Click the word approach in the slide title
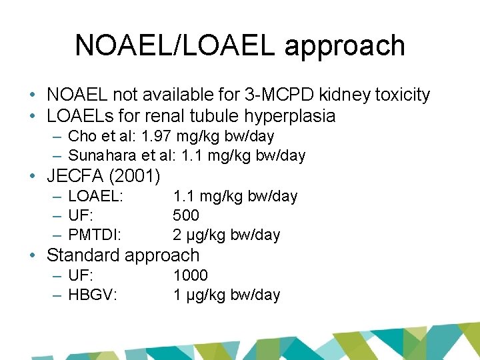pyautogui.click(x=345, y=46)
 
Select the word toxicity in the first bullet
pyautogui.click(x=399, y=95)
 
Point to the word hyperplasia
pyautogui.click(x=289, y=116)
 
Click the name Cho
pyautogui.click(x=82, y=137)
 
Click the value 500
pyautogui.click(x=186, y=215)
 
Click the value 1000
pyautogui.click(x=190, y=275)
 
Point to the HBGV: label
pyautogui.click(x=93, y=295)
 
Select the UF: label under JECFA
pyautogui.click(x=81, y=215)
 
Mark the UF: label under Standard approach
pyautogui.click(x=81, y=275)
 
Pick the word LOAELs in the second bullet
pyautogui.click(x=77, y=116)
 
